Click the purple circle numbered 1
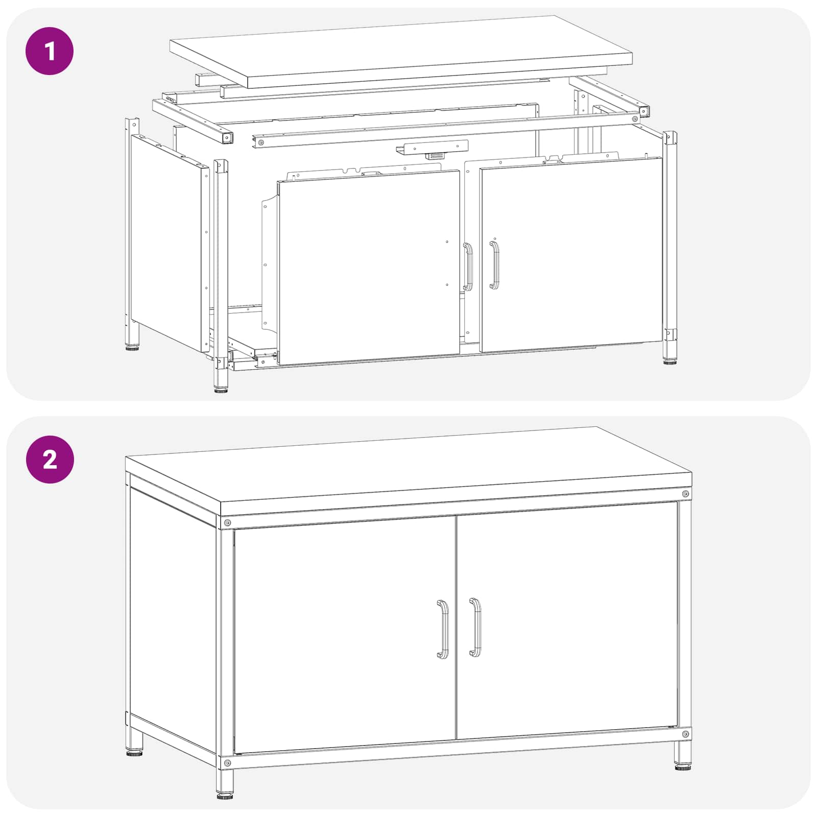click(50, 51)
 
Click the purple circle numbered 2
click(50, 460)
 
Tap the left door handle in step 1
click(468, 267)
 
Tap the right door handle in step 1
click(494, 265)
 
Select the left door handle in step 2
click(443, 629)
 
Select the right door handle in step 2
click(475, 627)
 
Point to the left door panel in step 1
click(369, 267)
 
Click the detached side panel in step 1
click(170, 243)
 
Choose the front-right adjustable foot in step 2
click(683, 767)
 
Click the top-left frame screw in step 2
click(227, 523)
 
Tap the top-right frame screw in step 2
click(685, 494)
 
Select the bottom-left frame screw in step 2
click(227, 763)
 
